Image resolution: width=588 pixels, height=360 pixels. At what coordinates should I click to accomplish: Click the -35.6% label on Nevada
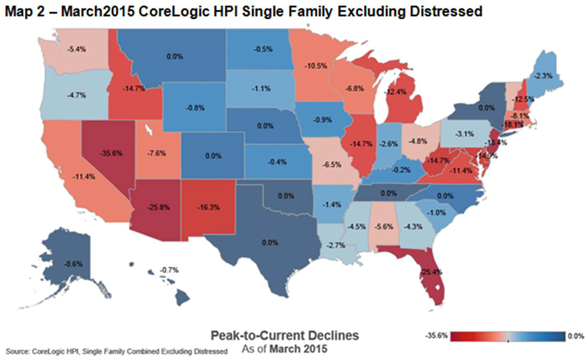click(x=111, y=153)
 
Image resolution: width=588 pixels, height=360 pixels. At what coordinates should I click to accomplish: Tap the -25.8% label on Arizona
click(x=159, y=207)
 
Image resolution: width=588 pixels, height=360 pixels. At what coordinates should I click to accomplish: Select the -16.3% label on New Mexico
click(x=208, y=207)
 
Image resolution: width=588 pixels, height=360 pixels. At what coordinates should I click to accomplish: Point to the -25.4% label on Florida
click(x=431, y=272)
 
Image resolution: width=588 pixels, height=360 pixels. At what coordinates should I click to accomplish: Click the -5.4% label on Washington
click(x=76, y=49)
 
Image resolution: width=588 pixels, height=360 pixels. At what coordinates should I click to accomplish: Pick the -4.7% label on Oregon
click(x=76, y=95)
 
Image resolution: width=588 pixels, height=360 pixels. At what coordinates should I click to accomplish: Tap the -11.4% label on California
click(x=84, y=177)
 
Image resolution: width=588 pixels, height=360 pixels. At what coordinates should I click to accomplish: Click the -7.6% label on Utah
click(x=156, y=153)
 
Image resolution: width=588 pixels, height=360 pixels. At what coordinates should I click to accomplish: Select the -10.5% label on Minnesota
click(x=316, y=65)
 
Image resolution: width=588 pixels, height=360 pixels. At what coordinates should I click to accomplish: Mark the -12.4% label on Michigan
click(x=396, y=92)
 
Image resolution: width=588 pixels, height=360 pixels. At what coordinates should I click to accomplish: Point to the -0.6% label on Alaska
click(x=73, y=264)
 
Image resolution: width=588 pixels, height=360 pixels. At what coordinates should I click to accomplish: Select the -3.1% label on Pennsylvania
click(x=465, y=134)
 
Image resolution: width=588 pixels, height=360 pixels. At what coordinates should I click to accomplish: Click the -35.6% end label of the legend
click(x=436, y=336)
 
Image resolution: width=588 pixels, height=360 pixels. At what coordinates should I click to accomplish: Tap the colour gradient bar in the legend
click(x=508, y=336)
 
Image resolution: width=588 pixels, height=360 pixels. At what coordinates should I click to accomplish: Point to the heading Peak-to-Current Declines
click(x=285, y=335)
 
